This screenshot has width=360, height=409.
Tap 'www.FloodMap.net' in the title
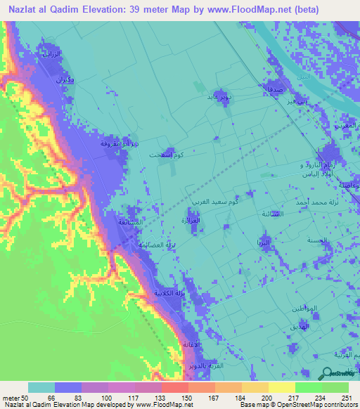point(233,10)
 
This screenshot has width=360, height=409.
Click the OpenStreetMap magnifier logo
point(328,375)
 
